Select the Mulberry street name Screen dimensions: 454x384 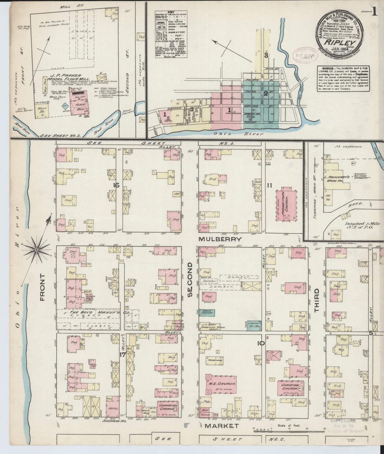click(x=221, y=239)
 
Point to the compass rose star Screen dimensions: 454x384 click(x=37, y=250)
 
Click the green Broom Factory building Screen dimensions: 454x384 click(x=207, y=312)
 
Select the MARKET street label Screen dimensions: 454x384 click(x=221, y=426)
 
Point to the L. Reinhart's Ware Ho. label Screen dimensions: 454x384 click(x=336, y=177)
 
